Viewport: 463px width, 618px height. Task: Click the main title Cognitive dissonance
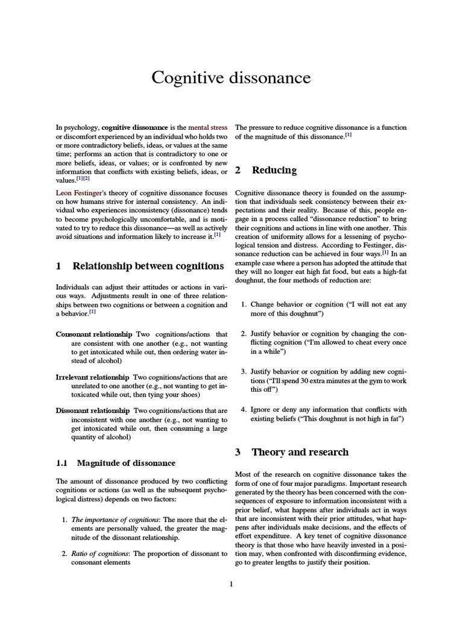pos(231,78)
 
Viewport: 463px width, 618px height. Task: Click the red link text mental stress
pos(207,128)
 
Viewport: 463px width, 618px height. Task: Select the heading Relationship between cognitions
pos(148,266)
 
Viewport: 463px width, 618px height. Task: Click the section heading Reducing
pos(274,170)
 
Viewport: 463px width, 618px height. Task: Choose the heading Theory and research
pos(300,451)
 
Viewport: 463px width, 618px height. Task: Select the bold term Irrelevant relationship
pos(92,377)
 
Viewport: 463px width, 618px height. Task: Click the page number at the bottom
pos(231,584)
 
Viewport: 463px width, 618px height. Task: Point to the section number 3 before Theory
pos(238,452)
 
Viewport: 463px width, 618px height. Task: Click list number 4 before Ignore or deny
pos(244,409)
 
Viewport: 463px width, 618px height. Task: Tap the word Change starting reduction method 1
pos(263,305)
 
